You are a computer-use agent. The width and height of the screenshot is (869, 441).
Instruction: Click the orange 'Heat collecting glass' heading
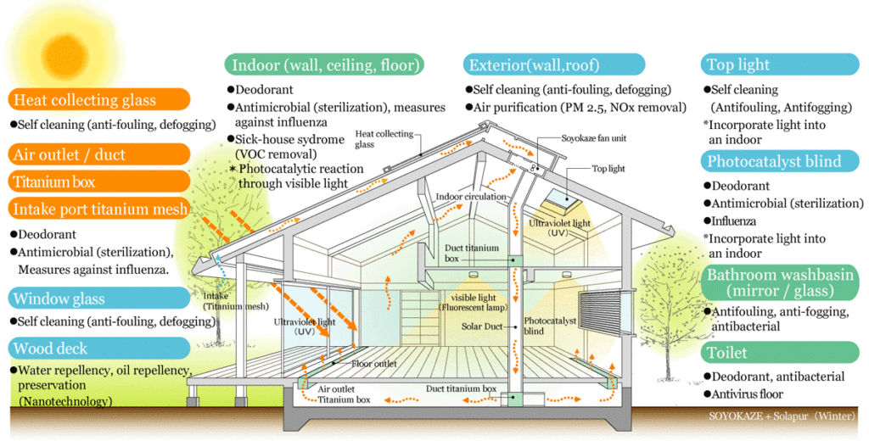pos(85,100)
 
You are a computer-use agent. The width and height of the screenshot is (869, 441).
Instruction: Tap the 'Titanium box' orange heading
pos(54,181)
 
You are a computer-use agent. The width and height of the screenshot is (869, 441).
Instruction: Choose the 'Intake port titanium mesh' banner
pos(100,209)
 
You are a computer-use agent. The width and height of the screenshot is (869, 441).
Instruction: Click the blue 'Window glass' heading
pos(59,299)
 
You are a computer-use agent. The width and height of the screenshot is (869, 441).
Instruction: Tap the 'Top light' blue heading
pos(738,64)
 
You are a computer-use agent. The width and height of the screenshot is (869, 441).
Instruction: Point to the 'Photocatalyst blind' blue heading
pos(774,161)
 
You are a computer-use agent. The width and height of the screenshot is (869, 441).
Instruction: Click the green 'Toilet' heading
pos(727,352)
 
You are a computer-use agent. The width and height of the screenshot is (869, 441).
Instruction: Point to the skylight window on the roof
pos(558,200)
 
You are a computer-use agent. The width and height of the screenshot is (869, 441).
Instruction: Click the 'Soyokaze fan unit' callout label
pos(594,137)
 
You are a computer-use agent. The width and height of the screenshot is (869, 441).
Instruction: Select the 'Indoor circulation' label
pos(471,197)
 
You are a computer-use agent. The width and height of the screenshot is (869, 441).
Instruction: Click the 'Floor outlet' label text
pos(374,364)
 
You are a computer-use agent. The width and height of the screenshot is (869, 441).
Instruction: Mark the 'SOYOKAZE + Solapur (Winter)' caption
pos(782,417)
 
